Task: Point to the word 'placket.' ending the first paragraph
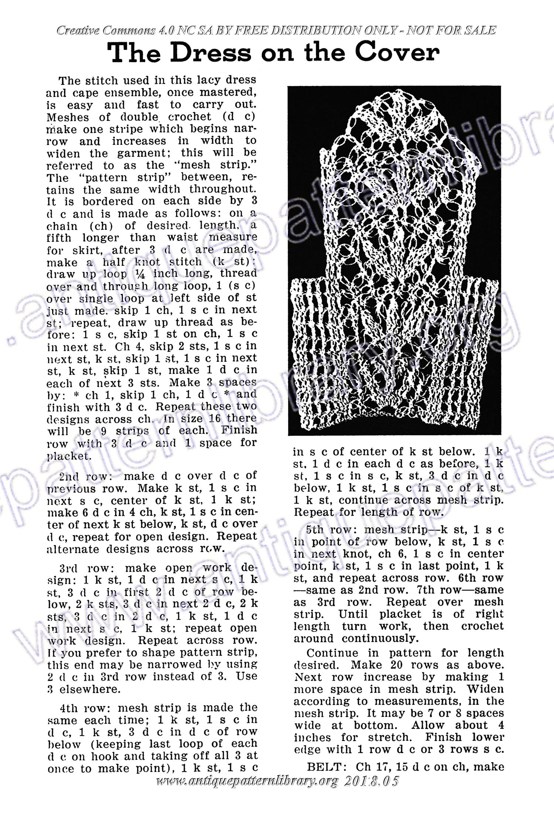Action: tap(69, 456)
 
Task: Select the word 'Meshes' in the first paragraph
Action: tap(68, 117)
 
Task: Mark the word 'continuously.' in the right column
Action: tap(380, 638)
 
